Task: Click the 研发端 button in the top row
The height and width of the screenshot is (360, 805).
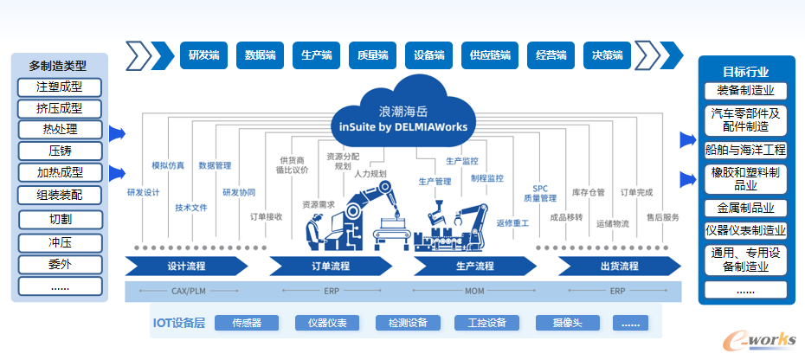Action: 204,55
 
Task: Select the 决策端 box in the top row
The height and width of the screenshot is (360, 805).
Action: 608,55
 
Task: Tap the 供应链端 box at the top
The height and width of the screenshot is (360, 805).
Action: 490,55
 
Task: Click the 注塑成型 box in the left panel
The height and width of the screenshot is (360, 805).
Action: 59,87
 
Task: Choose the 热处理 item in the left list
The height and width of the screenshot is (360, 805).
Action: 59,130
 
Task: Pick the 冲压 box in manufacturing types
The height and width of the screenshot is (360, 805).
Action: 59,241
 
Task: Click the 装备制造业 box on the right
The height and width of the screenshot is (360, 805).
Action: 745,91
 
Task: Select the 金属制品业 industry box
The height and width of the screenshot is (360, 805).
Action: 745,208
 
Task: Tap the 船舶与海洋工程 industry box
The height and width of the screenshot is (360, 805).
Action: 745,149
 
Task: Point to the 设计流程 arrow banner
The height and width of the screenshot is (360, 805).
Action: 184,266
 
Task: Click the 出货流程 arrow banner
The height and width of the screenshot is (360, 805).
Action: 617,266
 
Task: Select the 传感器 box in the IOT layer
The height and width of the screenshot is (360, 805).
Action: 248,323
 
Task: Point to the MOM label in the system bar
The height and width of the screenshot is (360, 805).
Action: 474,292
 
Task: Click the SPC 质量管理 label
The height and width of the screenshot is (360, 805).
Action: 540,193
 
